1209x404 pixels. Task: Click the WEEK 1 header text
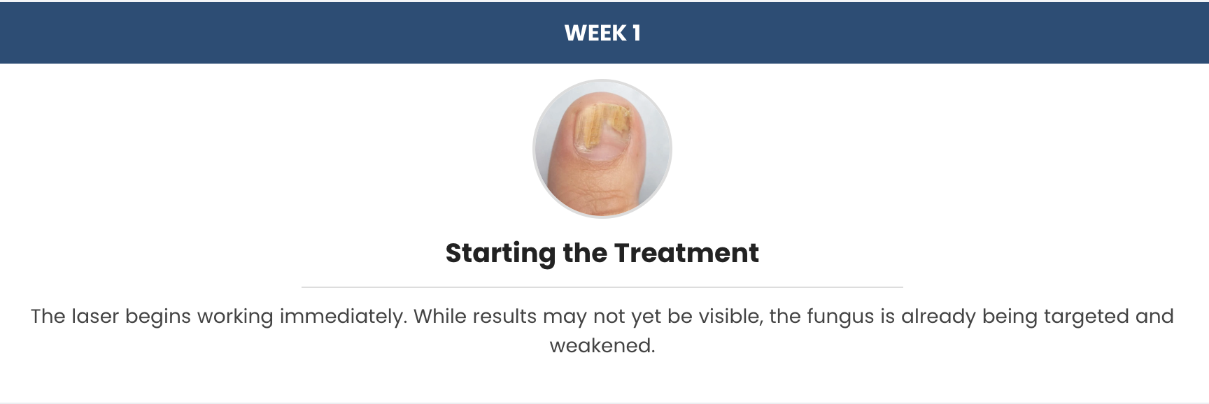tap(602, 33)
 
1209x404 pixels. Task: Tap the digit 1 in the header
tap(636, 33)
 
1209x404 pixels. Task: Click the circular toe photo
tap(602, 148)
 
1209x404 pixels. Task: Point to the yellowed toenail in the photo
tap(602, 128)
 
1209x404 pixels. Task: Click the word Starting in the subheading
tap(500, 254)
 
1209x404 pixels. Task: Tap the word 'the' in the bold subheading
tap(584, 252)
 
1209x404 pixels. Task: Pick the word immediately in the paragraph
tap(344, 317)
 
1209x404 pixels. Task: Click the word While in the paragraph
tap(439, 317)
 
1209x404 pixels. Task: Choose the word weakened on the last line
tap(602, 346)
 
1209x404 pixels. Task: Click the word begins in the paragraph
tap(157, 317)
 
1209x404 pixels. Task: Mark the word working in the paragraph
tap(235, 317)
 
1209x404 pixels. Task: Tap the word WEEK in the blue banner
tap(595, 33)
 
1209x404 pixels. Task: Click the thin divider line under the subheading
tap(602, 287)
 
